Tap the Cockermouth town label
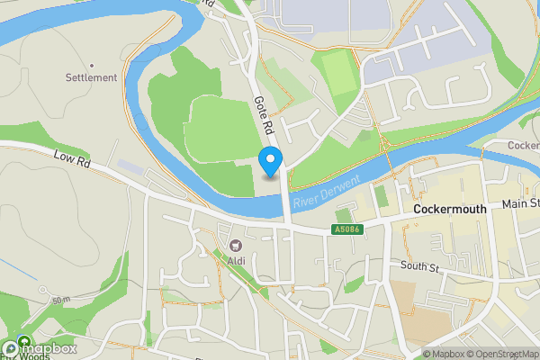450,209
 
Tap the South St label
418,267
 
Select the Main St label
520,204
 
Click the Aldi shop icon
237,245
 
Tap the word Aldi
237,261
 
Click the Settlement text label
91,77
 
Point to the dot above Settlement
91,66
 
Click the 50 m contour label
60,300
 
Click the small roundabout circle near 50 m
42,290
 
